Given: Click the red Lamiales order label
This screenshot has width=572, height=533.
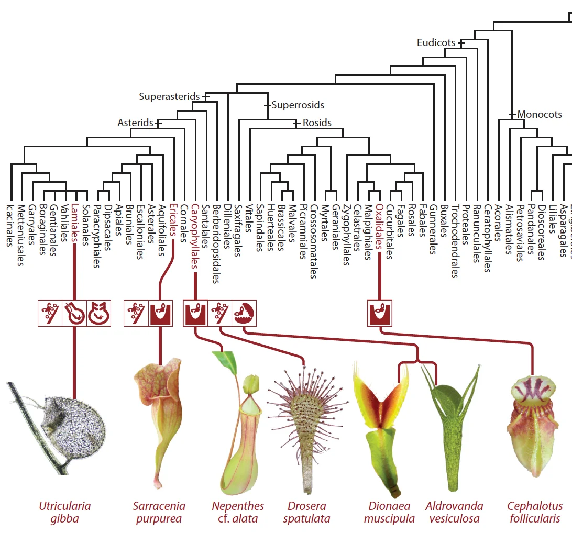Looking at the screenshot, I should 75,223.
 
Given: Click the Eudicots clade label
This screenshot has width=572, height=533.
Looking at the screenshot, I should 436,43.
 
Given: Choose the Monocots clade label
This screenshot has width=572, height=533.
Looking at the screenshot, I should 540,114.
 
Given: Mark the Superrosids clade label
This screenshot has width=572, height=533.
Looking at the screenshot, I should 298,105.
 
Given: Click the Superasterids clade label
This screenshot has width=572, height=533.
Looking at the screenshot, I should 169,97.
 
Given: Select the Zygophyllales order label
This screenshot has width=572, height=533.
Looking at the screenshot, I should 346,234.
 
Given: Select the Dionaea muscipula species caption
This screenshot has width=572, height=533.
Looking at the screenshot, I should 389,513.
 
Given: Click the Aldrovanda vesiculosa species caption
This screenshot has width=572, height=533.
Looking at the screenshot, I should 454,513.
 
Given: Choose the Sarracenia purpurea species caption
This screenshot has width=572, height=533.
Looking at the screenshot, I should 159,513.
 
